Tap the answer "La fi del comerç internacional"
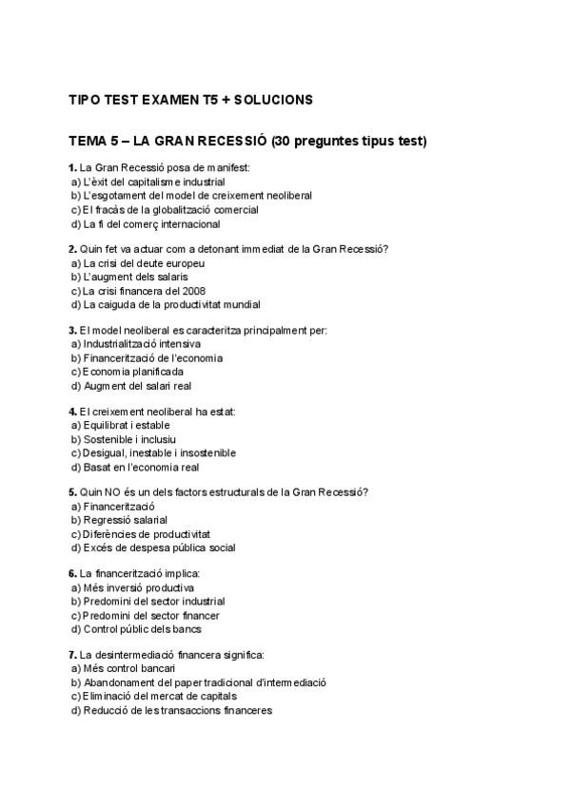tap(151, 224)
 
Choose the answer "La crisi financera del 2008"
tap(144, 291)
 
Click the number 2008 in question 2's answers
tap(193, 291)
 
